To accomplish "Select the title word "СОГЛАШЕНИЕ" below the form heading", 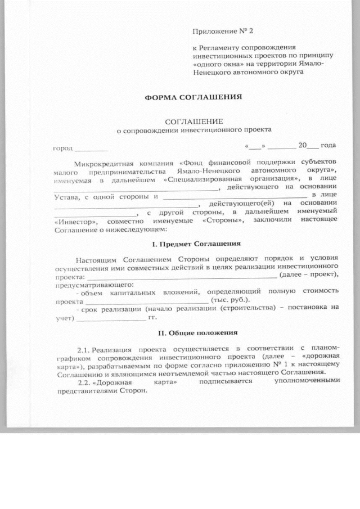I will pos(193,121).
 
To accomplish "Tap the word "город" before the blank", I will pos(63,148).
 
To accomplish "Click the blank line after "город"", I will pos(91,150).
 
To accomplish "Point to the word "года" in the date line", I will pos(328,145).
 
